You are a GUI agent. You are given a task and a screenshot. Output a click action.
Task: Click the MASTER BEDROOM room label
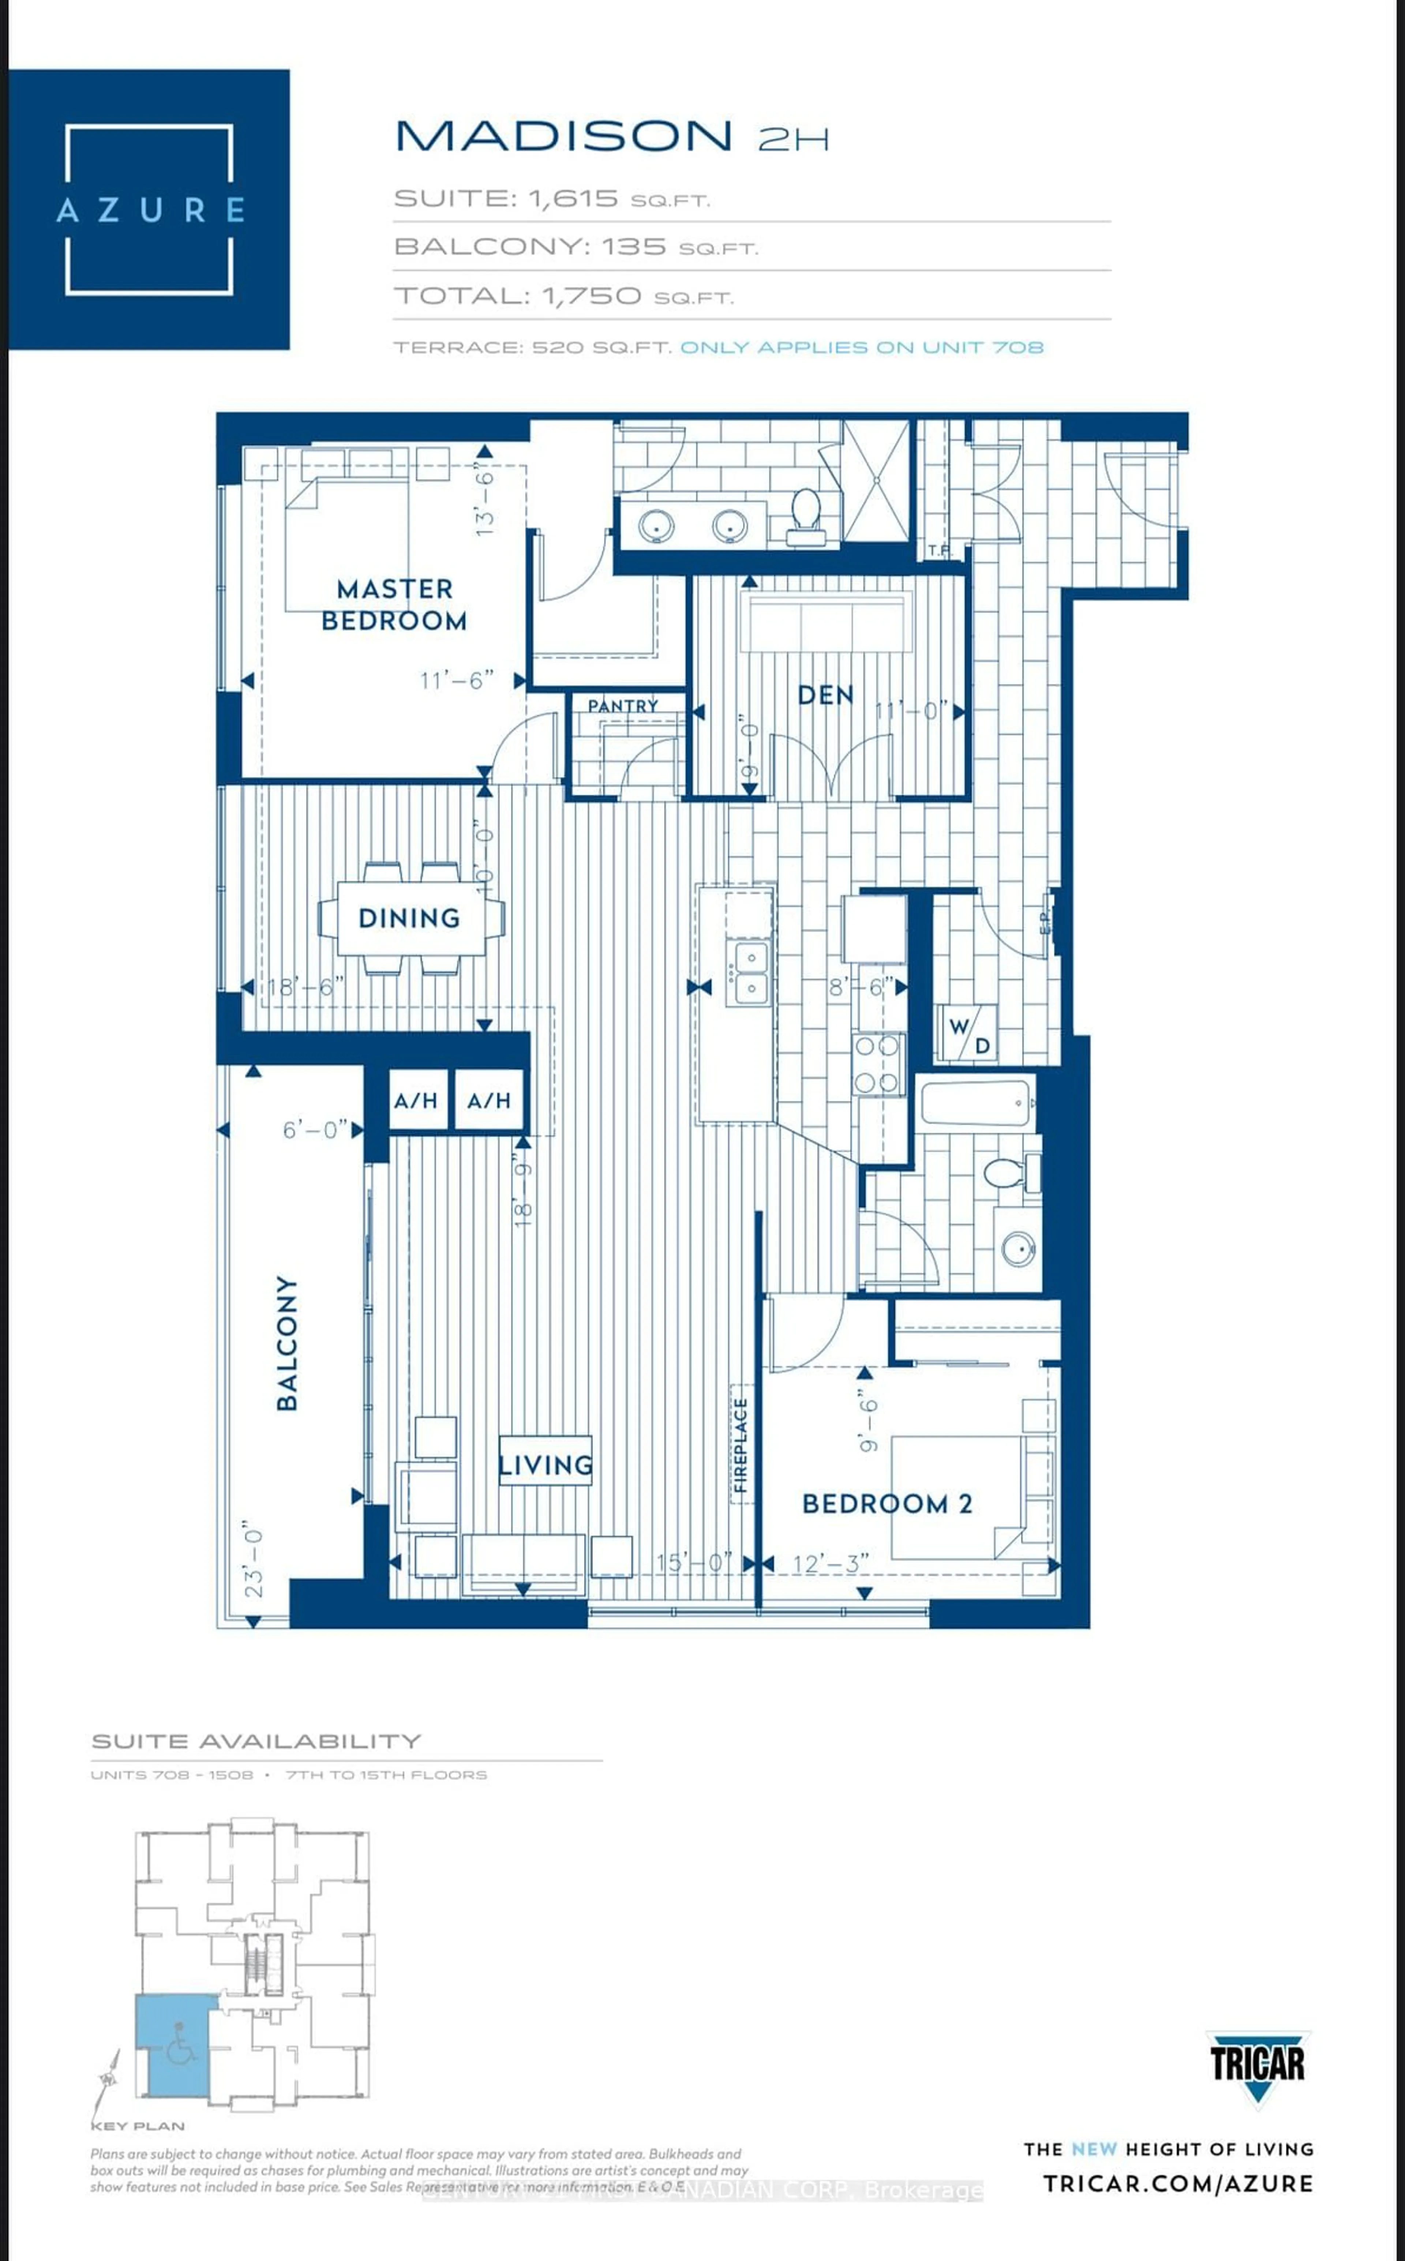(x=394, y=605)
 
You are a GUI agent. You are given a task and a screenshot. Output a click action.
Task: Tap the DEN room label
(x=825, y=695)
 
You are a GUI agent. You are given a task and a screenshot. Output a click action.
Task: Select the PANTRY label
(x=623, y=706)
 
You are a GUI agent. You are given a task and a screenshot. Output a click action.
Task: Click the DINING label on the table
(x=410, y=918)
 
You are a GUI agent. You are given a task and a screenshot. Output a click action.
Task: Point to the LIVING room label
(x=546, y=1465)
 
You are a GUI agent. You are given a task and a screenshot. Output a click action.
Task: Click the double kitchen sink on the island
(x=751, y=971)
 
